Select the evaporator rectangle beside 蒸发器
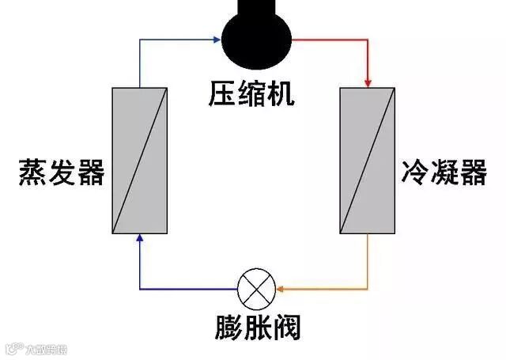[x=139, y=161]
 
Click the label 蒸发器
[x=62, y=172]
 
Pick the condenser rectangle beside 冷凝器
[x=368, y=161]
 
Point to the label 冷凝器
[x=444, y=172]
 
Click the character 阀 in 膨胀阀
[x=287, y=327]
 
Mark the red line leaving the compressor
[x=332, y=38]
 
